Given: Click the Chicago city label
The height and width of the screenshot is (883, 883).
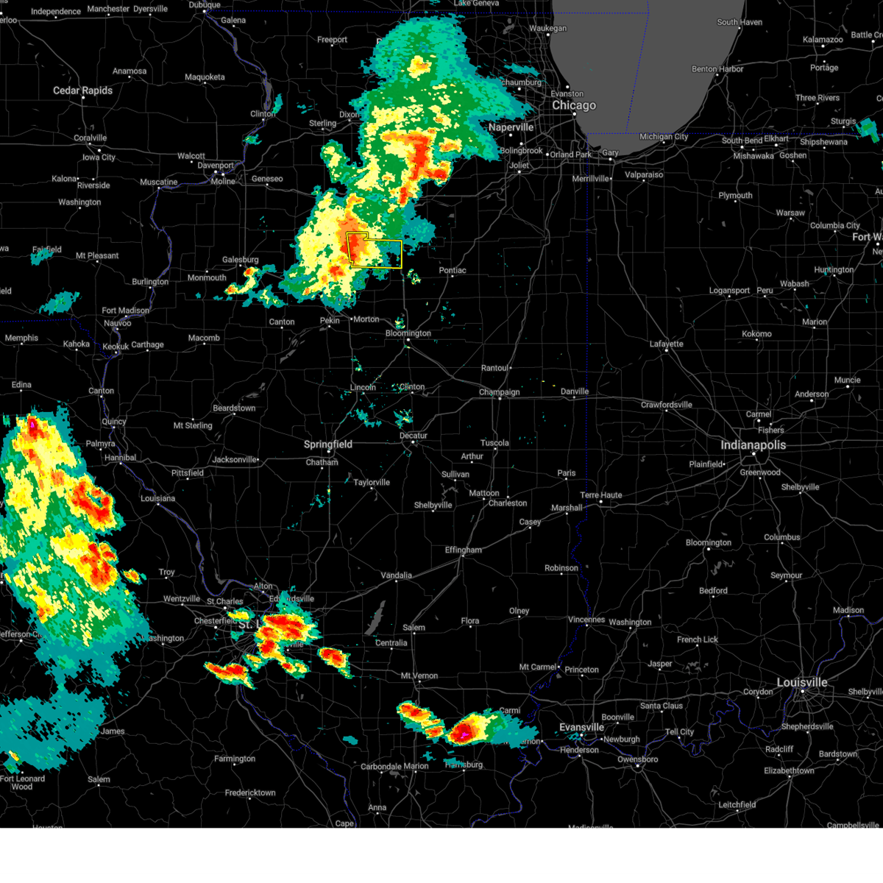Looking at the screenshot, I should click(x=574, y=105).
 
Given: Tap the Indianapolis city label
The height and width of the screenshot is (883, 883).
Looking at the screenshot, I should click(x=753, y=445).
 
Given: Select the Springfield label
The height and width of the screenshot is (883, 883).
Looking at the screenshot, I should click(x=328, y=444).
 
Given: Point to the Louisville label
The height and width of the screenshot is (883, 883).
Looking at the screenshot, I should click(x=802, y=682).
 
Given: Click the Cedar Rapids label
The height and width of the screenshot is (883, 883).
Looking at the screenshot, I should click(x=82, y=91).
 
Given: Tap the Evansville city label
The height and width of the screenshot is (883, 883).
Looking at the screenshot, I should click(x=581, y=727).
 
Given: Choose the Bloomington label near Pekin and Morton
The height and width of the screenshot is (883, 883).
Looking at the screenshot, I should click(x=408, y=333).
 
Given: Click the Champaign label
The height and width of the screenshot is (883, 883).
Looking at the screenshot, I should click(x=499, y=392).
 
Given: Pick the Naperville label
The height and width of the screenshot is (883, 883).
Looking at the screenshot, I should click(x=511, y=127).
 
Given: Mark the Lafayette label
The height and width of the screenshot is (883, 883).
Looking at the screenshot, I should click(x=667, y=344).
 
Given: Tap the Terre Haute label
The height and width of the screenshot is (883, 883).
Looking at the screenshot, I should click(x=600, y=495).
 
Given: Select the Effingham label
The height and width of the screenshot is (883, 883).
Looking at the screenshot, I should click(x=464, y=550).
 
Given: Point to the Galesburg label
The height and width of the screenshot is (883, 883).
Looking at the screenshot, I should click(x=241, y=260).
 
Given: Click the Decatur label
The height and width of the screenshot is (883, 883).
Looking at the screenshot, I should click(x=414, y=436).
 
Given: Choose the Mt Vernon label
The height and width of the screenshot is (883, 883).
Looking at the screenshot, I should click(x=419, y=675).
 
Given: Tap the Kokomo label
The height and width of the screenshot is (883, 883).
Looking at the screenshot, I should click(x=756, y=333).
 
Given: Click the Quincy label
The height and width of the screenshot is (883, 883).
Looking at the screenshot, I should click(x=114, y=422).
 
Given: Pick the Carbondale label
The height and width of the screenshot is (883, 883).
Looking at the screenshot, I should click(x=380, y=766).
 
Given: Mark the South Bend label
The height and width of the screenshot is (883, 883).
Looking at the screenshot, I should click(x=742, y=140).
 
